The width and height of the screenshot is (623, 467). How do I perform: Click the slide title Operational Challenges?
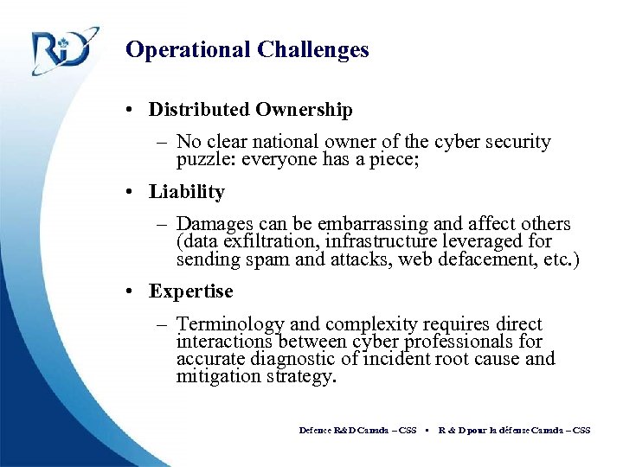[247, 50]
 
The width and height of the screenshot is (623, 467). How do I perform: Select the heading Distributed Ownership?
[250, 110]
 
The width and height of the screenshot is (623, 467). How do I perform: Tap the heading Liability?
[186, 192]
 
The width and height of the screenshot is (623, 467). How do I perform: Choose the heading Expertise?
[190, 291]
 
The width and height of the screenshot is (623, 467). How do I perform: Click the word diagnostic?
[292, 359]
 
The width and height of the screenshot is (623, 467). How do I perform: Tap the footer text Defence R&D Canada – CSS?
[357, 430]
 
